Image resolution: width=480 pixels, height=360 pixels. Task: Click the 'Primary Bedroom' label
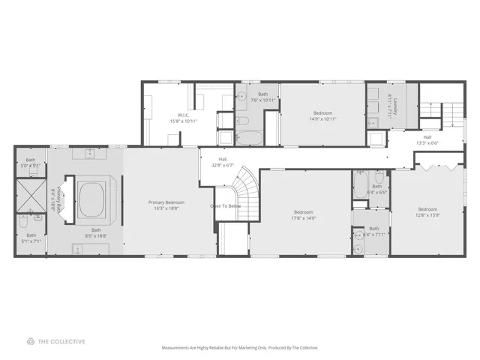click(x=166, y=202)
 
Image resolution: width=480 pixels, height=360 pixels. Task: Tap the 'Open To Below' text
click(x=225, y=205)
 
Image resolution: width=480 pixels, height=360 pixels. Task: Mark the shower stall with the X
click(x=31, y=193)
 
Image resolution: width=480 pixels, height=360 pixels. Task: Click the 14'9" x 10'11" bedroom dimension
click(x=322, y=118)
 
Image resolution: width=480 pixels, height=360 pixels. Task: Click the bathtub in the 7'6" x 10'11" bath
click(x=249, y=138)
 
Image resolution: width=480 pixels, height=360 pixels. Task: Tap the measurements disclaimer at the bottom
click(x=240, y=348)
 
